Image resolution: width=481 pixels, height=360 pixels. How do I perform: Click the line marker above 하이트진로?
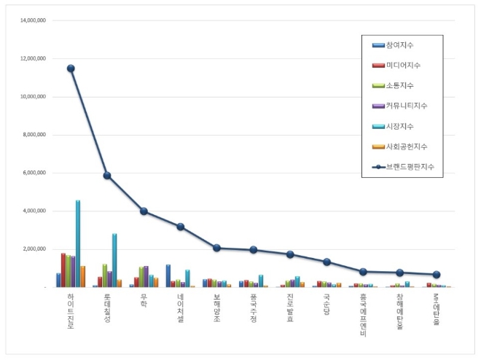71,69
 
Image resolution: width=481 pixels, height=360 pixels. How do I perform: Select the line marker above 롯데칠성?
107,176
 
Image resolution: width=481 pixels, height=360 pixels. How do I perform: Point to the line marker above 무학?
144,211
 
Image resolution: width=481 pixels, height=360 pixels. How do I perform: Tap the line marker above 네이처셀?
180,227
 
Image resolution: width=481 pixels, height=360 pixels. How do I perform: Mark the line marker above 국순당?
326,262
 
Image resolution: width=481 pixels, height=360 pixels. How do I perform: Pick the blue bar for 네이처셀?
168,275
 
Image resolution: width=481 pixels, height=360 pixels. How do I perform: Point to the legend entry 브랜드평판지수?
404,167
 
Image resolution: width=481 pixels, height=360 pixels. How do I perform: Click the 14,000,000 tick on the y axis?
32,20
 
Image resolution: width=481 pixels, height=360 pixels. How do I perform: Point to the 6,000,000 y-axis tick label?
34,173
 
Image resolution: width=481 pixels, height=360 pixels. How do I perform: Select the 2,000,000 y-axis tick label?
34,249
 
